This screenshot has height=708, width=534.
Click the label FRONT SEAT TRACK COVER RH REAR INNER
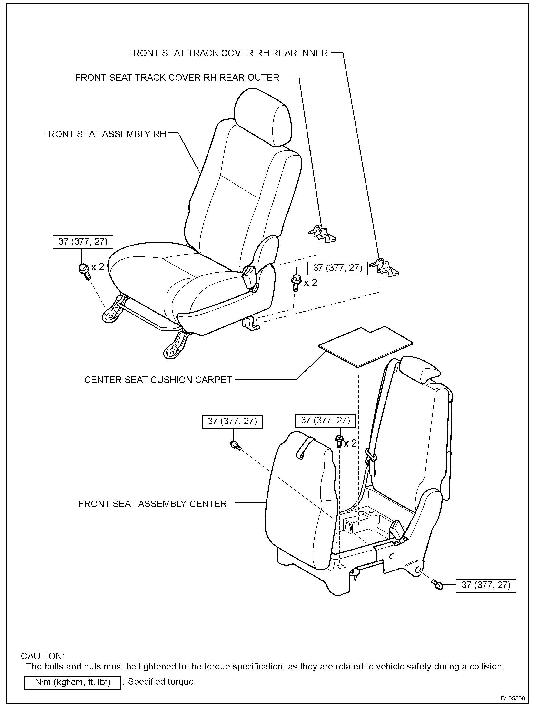pyautogui.click(x=228, y=53)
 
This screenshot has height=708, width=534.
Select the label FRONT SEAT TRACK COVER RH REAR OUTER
pyautogui.click(x=177, y=78)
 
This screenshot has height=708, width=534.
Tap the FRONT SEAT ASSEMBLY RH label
pyautogui.click(x=104, y=134)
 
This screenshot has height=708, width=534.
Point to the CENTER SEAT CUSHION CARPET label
pyautogui.click(x=158, y=380)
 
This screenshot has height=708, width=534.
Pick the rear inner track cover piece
pyautogui.click(x=384, y=267)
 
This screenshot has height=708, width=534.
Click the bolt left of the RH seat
pyautogui.click(x=84, y=269)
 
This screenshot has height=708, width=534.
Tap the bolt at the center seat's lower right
pyautogui.click(x=437, y=584)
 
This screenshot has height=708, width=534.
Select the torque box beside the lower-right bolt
pyautogui.click(x=486, y=585)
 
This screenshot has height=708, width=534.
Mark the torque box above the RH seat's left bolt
pyautogui.click(x=83, y=241)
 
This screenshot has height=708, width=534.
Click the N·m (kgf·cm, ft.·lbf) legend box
pyautogui.click(x=73, y=681)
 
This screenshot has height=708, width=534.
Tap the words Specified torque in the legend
pyautogui.click(x=161, y=681)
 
